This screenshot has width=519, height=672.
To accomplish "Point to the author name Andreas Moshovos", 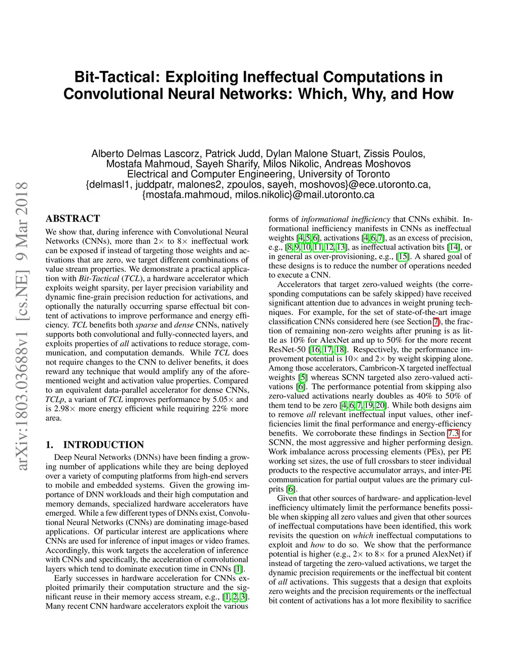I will [x=367, y=164].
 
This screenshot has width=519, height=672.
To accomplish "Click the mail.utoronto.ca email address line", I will [x=258, y=194].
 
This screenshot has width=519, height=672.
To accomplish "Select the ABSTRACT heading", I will [x=73, y=219].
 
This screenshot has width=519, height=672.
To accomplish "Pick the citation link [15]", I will [x=403, y=256].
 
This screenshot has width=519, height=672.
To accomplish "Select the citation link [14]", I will [x=453, y=247].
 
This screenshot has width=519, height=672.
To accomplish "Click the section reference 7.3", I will [x=453, y=433].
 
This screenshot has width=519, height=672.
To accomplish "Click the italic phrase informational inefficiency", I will [x=346, y=219].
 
